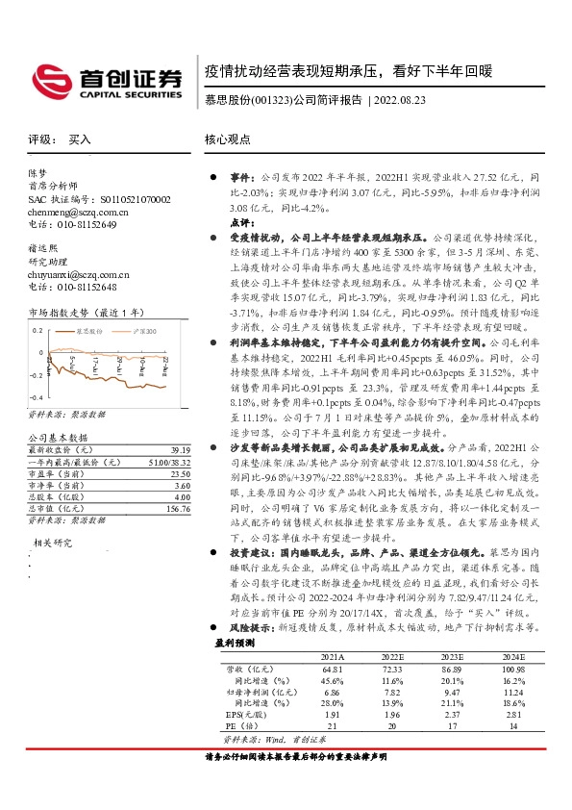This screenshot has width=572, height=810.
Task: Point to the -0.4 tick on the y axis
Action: coord(36,397)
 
